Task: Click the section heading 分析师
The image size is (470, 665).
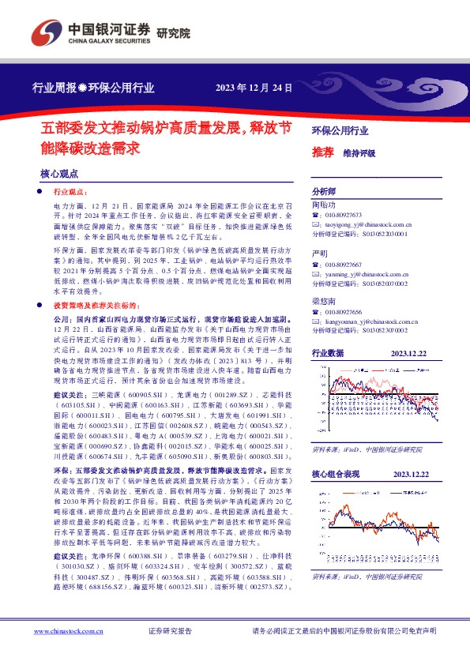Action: (x=324, y=192)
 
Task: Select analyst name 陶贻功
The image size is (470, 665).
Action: (x=324, y=205)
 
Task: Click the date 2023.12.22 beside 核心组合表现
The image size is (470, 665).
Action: (x=410, y=474)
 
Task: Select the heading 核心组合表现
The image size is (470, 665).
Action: (x=336, y=474)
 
